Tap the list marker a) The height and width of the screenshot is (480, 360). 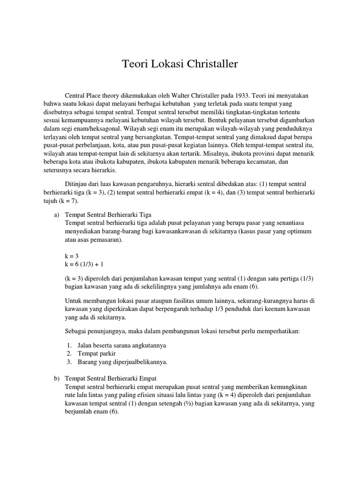[55, 215]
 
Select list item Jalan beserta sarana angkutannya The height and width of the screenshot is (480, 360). [116, 345]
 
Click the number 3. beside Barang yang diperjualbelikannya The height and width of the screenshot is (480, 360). [69, 362]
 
